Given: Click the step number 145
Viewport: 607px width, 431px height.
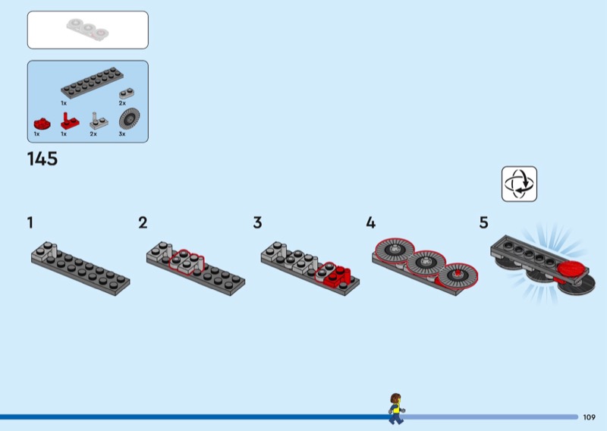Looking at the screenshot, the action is pyautogui.click(x=42, y=159).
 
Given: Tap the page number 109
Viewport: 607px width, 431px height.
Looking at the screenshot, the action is pyautogui.click(x=590, y=417).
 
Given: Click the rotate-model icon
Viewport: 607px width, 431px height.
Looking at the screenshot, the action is pyautogui.click(x=519, y=184).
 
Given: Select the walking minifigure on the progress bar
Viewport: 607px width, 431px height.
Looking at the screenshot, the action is pyautogui.click(x=396, y=408).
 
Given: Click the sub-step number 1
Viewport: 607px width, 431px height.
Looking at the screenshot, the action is pyautogui.click(x=30, y=222).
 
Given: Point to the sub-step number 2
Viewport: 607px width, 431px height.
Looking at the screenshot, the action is pyautogui.click(x=143, y=222).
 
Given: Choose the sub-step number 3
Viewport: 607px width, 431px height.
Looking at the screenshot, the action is pyautogui.click(x=257, y=222).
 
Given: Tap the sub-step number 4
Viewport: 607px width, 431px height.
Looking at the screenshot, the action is pyautogui.click(x=370, y=222).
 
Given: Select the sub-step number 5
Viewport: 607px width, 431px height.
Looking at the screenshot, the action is pyautogui.click(x=484, y=222).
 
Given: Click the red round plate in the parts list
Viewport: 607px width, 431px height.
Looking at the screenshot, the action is pyautogui.click(x=42, y=124).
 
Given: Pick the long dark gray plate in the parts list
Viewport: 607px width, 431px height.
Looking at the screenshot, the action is pyautogui.click(x=92, y=83).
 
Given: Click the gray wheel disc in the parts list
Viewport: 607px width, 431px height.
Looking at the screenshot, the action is pyautogui.click(x=129, y=118).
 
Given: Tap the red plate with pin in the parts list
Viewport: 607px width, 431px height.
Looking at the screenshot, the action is pyautogui.click(x=70, y=121).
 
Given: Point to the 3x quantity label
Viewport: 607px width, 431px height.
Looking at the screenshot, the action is pyautogui.click(x=122, y=134).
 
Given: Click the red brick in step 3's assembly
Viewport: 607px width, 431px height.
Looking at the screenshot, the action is pyautogui.click(x=337, y=275).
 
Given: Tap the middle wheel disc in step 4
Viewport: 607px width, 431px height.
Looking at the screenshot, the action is pyautogui.click(x=426, y=262).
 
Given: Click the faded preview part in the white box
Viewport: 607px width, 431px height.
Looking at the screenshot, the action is pyautogui.click(x=87, y=30).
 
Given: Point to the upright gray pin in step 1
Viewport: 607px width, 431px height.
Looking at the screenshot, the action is pyautogui.click(x=54, y=250).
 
